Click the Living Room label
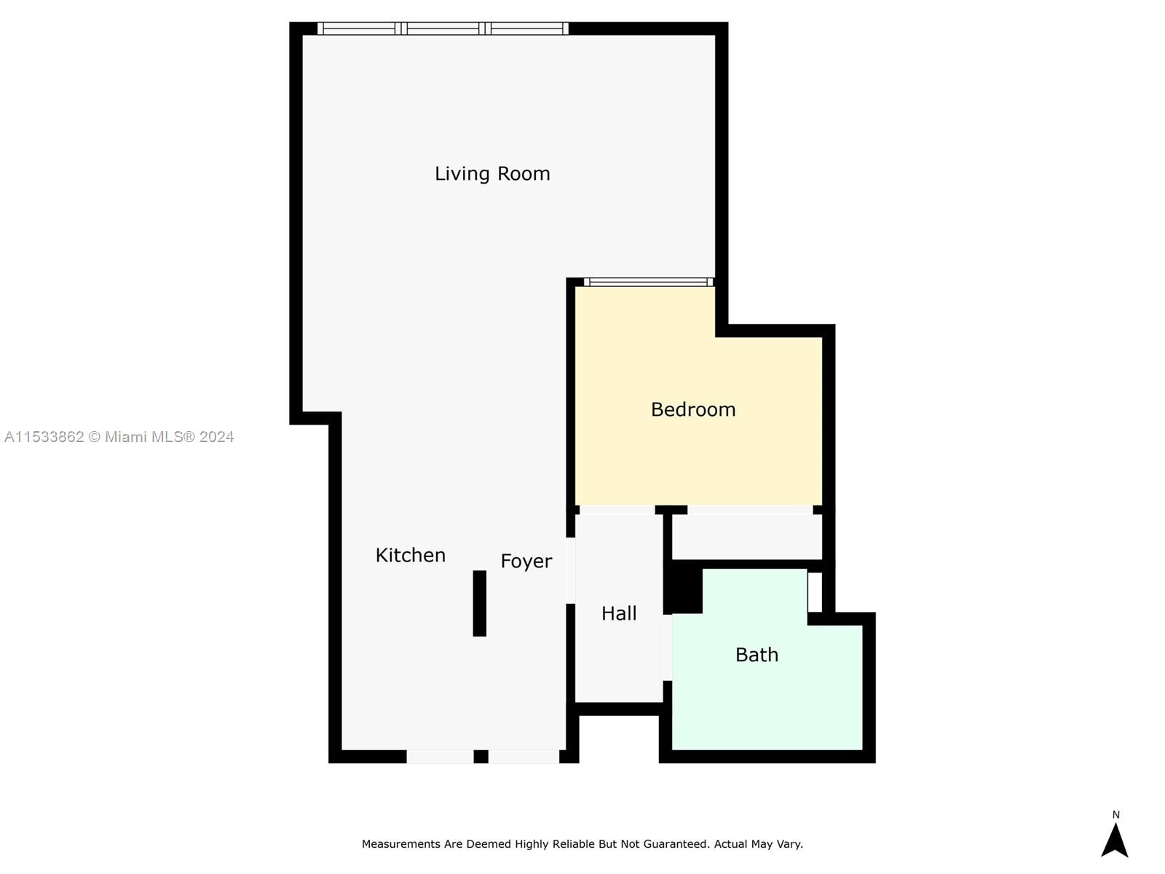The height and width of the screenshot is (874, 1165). (492, 174)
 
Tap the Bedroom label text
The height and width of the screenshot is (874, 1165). (692, 409)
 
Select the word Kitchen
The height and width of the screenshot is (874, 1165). (410, 555)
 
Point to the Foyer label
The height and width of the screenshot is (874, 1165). (526, 562)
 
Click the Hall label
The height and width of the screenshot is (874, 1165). (619, 613)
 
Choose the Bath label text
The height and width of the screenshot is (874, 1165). (757, 655)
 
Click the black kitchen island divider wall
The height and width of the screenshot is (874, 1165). (479, 603)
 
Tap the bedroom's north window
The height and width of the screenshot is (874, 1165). (648, 283)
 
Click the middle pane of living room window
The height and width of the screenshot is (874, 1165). (443, 29)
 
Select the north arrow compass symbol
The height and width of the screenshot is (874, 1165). (1114, 840)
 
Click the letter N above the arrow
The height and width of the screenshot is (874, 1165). (1115, 815)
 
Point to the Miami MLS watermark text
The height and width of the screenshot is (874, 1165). (119, 437)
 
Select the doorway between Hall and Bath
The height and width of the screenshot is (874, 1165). (667, 647)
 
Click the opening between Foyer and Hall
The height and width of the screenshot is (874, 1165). (571, 570)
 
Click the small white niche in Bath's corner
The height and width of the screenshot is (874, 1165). (815, 592)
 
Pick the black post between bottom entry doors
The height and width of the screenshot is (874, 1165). (481, 757)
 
